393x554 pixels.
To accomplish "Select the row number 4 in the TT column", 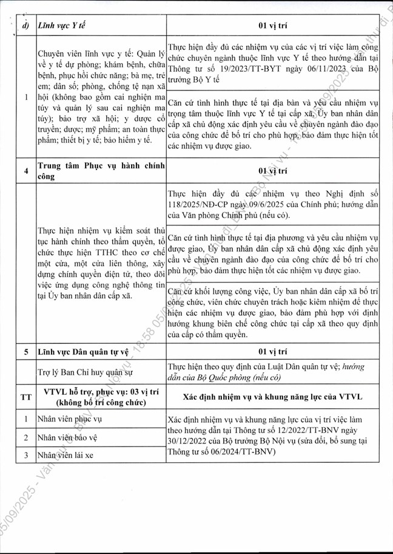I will [26, 172].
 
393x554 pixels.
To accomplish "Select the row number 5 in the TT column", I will [26, 351].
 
